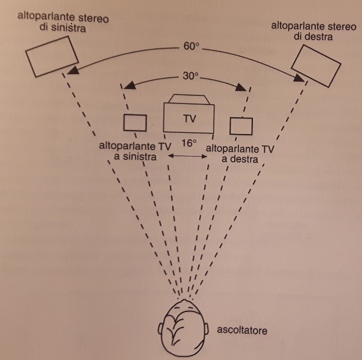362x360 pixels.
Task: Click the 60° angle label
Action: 191,46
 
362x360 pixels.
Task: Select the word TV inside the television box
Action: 189,119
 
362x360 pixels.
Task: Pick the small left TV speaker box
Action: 135,123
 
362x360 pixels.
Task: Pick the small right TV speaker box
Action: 241,125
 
